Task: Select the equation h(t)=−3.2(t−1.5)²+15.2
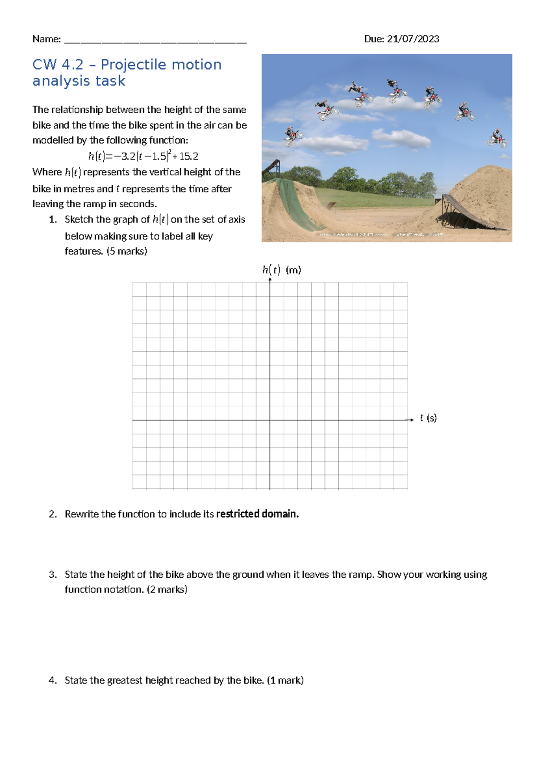(x=143, y=156)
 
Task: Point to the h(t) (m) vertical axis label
(x=281, y=270)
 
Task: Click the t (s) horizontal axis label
(x=428, y=418)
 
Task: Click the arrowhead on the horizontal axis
(x=411, y=420)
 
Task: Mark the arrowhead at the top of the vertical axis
(x=270, y=280)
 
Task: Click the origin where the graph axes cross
(x=270, y=420)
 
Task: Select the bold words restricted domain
(x=257, y=514)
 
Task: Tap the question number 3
(x=53, y=575)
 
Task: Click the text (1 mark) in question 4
(x=285, y=680)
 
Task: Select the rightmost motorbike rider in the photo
(x=497, y=139)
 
